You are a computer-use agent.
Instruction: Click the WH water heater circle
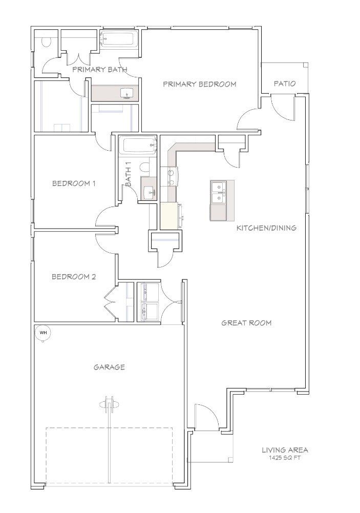43,333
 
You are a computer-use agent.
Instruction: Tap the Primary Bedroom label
199,84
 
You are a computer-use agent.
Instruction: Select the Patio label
285,84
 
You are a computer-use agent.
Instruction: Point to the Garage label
109,367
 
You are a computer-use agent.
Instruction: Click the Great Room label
246,323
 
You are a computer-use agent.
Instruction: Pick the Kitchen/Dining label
266,228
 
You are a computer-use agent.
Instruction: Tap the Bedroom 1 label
74,183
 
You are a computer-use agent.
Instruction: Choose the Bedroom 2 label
74,277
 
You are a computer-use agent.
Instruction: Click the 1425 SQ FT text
285,458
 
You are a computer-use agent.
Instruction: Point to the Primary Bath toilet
46,42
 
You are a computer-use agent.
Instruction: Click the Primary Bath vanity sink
126,93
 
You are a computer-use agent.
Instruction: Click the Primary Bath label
100,69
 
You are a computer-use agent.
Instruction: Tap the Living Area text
285,450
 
